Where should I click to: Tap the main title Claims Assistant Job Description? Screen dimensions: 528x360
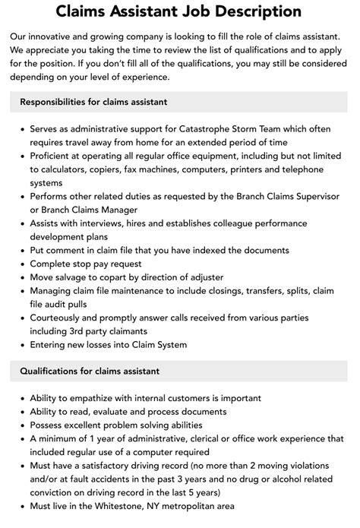point(180,12)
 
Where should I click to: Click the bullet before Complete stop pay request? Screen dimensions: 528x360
point(21,264)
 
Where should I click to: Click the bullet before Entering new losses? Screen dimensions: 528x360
point(21,346)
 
